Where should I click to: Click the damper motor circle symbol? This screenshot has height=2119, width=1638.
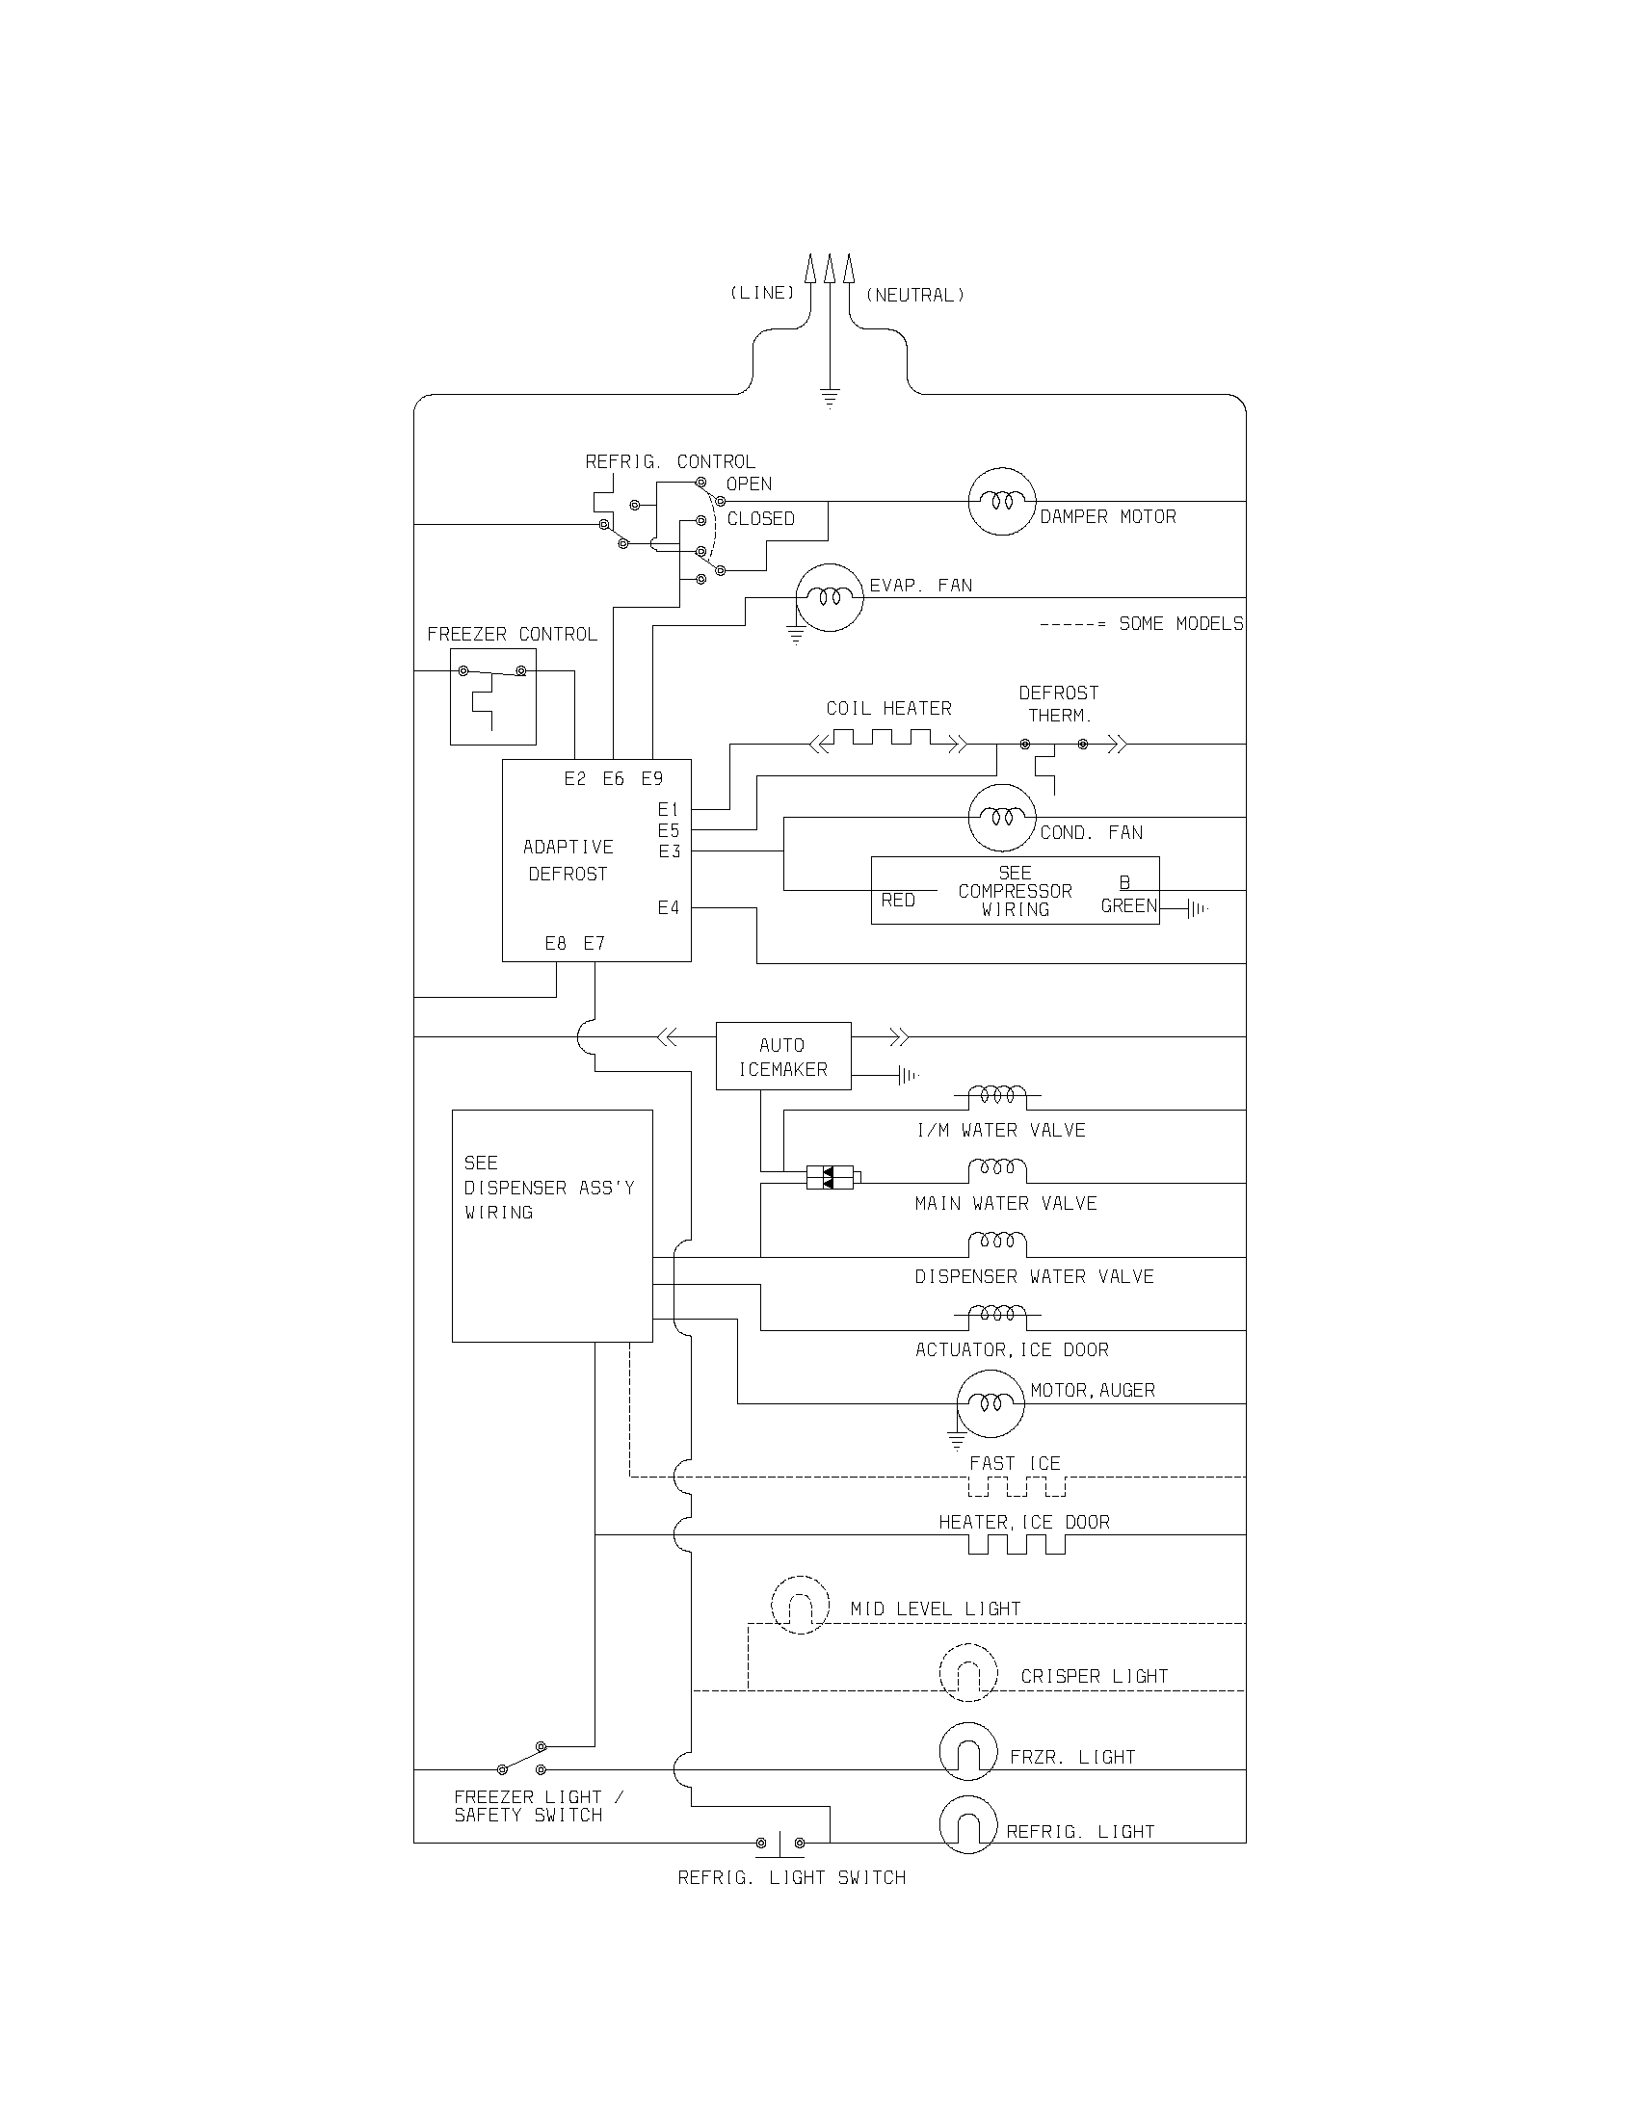click(1001, 501)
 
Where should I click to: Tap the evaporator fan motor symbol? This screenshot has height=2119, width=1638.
click(829, 598)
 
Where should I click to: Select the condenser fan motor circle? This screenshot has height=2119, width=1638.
click(1001, 818)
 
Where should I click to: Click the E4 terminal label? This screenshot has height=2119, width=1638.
click(668, 908)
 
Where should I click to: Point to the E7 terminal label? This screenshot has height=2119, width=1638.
click(594, 943)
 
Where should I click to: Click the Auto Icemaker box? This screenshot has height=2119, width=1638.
click(783, 1056)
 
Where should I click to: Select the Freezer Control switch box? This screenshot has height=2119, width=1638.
click(493, 695)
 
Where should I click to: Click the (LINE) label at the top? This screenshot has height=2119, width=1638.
click(762, 293)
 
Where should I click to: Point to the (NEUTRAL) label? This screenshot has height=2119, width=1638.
click(915, 295)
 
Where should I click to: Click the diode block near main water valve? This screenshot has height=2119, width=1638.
click(831, 1178)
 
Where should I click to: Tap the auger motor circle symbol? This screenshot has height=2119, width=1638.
click(990, 1403)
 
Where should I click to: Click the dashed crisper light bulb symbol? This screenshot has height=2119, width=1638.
click(967, 1673)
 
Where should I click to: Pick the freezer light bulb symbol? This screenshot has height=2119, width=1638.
click(967, 1752)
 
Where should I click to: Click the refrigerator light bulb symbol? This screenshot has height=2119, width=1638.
click(967, 1825)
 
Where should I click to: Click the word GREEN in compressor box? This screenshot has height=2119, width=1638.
click(1128, 906)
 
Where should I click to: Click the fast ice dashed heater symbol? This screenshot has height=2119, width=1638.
click(1017, 1486)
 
